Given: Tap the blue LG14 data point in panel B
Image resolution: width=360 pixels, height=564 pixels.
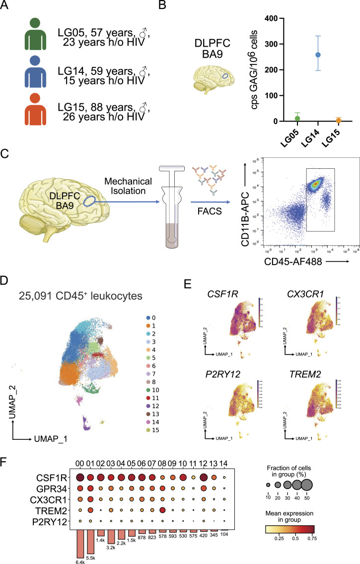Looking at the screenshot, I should [304, 55].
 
